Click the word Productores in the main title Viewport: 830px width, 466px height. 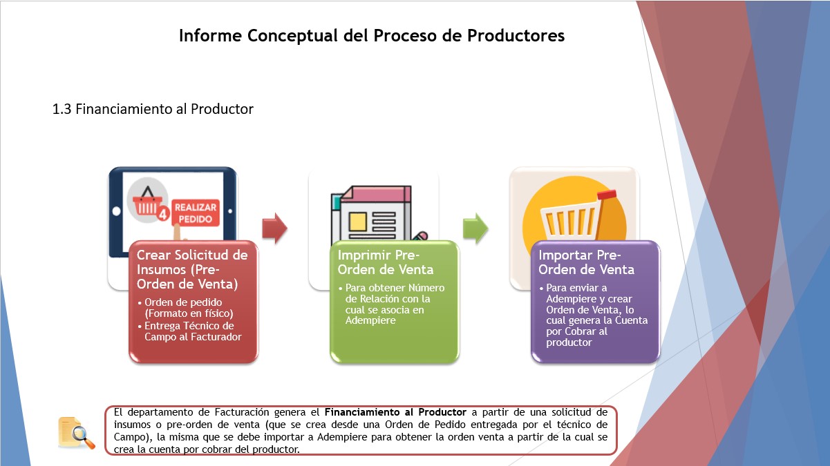click(x=516, y=35)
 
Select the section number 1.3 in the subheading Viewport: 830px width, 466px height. click(x=62, y=109)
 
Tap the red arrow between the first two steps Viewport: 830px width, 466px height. click(x=274, y=229)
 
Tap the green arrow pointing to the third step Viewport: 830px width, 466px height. click(x=475, y=229)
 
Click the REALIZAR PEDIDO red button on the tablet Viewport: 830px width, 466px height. click(x=196, y=213)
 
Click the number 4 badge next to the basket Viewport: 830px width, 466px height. click(x=163, y=214)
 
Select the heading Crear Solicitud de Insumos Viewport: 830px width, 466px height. click(x=192, y=269)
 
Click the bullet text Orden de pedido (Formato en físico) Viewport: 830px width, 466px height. click(x=189, y=308)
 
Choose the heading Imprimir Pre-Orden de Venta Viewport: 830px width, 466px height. click(x=386, y=262)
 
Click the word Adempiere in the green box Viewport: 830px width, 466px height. click(x=370, y=320)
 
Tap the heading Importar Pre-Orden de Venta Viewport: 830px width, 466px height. click(x=586, y=262)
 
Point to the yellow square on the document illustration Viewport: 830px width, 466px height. click(x=358, y=222)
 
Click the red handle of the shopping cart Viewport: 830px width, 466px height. click(x=607, y=195)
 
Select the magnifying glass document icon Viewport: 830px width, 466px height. click(x=77, y=433)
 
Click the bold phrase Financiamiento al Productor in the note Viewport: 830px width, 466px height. click(x=395, y=412)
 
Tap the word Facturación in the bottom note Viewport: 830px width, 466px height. click(x=242, y=412)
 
